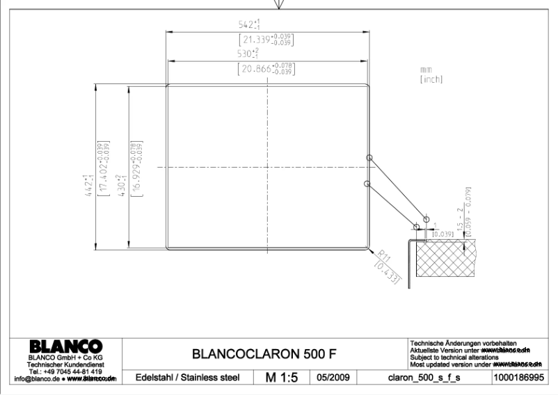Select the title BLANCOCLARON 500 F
point(264,354)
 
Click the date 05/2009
point(333,378)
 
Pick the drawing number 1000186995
point(517,378)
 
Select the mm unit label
point(426,70)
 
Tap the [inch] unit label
point(431,80)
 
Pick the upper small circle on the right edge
point(369,156)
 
